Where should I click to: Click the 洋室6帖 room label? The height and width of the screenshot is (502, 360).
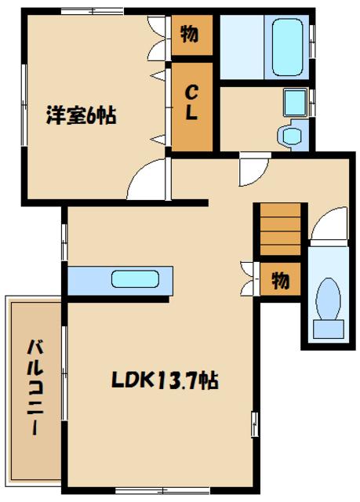tap(82, 115)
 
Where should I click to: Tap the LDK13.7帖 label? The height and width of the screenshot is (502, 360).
tap(165, 380)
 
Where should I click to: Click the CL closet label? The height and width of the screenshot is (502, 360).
tap(191, 103)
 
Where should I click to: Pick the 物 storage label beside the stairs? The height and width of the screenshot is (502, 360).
tap(280, 280)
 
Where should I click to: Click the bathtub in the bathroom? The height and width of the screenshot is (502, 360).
tap(287, 47)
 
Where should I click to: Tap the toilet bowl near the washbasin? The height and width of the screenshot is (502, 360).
tap(289, 136)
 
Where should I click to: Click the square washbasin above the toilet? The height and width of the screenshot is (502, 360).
tap(295, 103)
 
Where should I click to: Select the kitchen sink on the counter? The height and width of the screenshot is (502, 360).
tap(135, 279)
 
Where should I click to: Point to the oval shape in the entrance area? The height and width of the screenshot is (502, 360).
tap(328, 299)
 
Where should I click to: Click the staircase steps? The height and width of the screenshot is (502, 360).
tap(280, 229)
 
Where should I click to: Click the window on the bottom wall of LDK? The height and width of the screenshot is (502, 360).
tap(162, 490)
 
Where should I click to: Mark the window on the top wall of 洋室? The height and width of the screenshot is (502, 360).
tap(93, 12)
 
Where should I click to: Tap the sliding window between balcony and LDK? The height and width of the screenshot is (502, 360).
tap(64, 373)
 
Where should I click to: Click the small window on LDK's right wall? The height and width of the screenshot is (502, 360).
tap(255, 424)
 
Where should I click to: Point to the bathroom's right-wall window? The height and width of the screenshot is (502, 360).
tap(313, 42)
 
